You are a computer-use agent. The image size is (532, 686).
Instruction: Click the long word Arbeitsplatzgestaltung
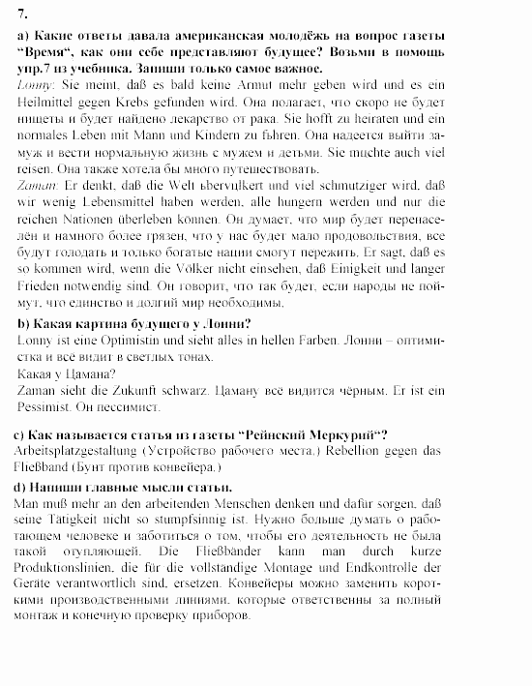[79, 451]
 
